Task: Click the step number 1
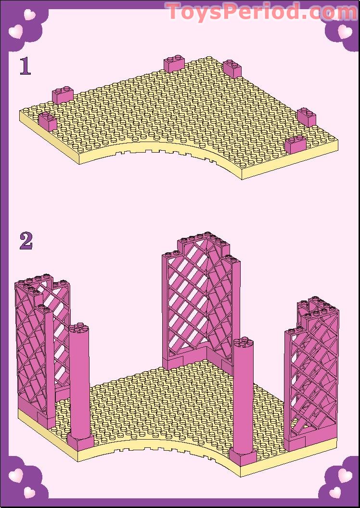tap(25, 66)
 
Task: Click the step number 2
tap(26, 241)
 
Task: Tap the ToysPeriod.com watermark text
tap(261, 12)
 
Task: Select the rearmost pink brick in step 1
tap(175, 64)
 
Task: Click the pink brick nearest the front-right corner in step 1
tap(296, 144)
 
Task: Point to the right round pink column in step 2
tap(243, 395)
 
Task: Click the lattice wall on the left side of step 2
tap(41, 347)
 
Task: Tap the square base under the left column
tap(80, 442)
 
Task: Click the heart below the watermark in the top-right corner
tap(344, 32)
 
